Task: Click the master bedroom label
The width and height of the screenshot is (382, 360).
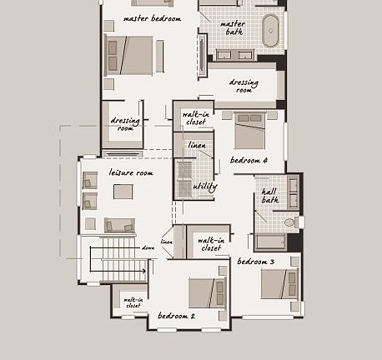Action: click(x=152, y=18)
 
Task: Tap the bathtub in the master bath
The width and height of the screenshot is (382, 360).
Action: click(x=271, y=30)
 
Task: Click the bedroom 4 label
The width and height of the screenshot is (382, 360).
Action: click(x=249, y=160)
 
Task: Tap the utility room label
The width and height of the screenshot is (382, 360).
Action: click(x=204, y=187)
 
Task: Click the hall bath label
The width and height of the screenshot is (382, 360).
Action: click(x=270, y=195)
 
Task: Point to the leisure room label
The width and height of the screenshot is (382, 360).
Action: click(x=131, y=172)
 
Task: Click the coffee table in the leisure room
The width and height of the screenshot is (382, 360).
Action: click(x=123, y=192)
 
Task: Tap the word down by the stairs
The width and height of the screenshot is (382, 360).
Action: click(x=148, y=247)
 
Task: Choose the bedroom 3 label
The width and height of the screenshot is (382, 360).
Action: click(x=255, y=262)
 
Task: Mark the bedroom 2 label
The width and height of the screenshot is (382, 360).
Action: click(x=176, y=316)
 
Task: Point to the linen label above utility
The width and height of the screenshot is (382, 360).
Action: click(x=197, y=146)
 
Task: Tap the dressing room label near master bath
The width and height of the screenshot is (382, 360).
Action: click(x=244, y=86)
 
